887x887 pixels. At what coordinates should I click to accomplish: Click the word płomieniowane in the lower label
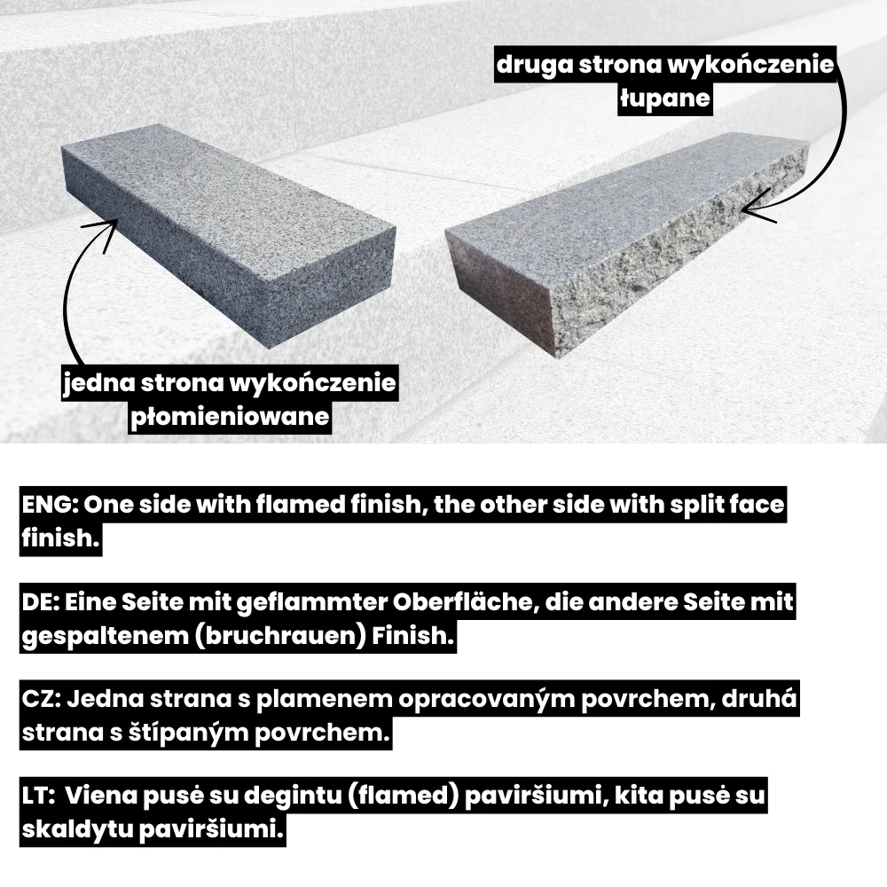pyautogui.click(x=231, y=417)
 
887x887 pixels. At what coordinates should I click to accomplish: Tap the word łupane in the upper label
pyautogui.click(x=664, y=99)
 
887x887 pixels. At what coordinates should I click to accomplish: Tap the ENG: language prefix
pyautogui.click(x=50, y=504)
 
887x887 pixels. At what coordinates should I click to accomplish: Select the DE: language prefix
pyautogui.click(x=40, y=602)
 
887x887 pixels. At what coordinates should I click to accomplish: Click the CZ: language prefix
pyautogui.click(x=42, y=699)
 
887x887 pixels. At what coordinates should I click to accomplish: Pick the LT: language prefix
pyautogui.click(x=38, y=796)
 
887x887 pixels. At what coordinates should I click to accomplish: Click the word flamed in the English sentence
pyautogui.click(x=299, y=504)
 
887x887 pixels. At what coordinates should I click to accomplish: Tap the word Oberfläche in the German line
pyautogui.click(x=465, y=602)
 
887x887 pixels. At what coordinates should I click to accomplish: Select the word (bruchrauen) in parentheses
pyautogui.click(x=280, y=636)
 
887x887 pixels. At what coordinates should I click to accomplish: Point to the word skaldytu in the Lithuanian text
pyautogui.click(x=76, y=830)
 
